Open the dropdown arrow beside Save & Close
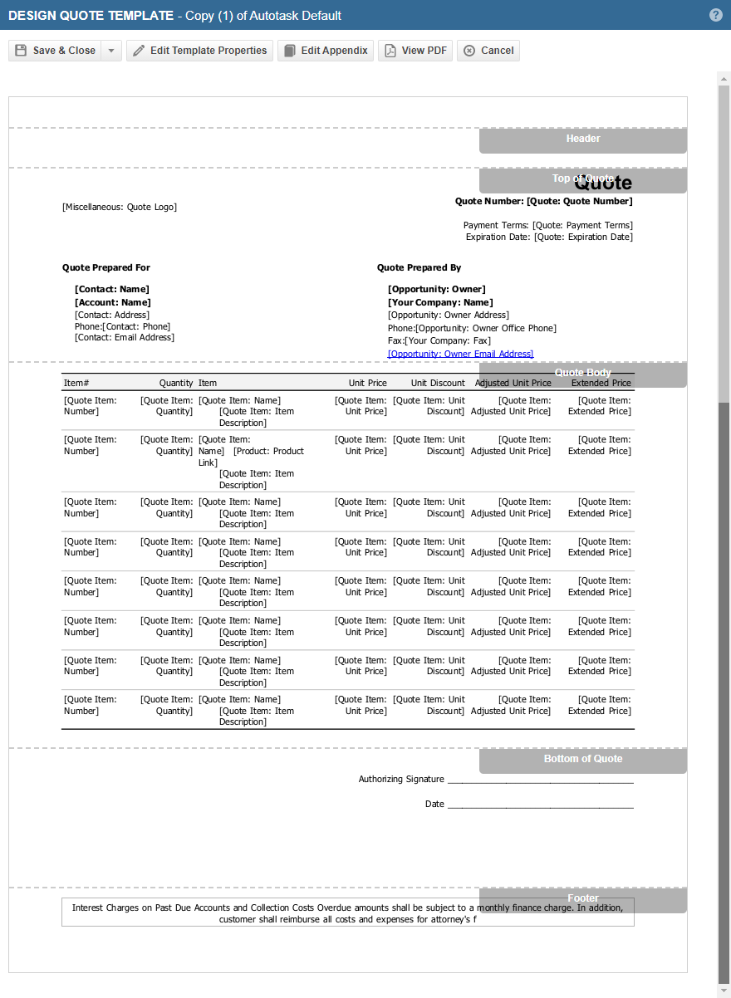tap(112, 51)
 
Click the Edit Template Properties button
tap(199, 51)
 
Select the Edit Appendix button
tap(326, 51)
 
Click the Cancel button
tap(488, 51)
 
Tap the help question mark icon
tap(716, 15)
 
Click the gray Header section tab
tap(582, 139)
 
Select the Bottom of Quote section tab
tap(582, 760)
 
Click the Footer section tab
tap(582, 899)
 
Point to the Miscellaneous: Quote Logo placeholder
tap(120, 207)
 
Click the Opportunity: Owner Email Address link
tap(460, 354)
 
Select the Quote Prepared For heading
tap(106, 267)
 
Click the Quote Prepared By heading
tap(419, 267)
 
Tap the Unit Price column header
tap(367, 383)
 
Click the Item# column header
tap(76, 383)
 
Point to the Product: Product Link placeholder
tap(268, 451)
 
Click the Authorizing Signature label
tap(401, 779)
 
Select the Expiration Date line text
tap(549, 237)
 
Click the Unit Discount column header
tap(438, 383)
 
